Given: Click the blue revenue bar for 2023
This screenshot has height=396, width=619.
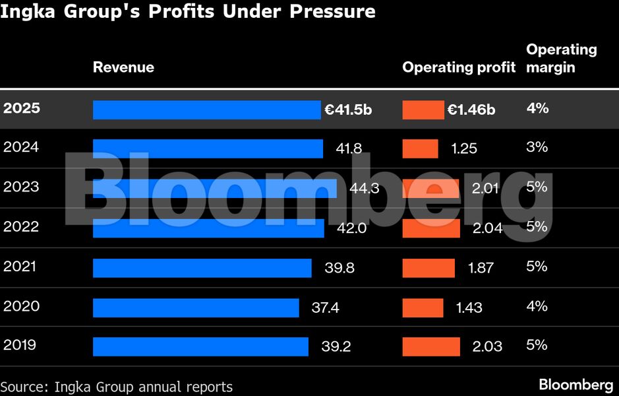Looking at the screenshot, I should tap(214, 188).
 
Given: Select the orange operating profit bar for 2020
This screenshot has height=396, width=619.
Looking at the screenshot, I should tap(423, 308).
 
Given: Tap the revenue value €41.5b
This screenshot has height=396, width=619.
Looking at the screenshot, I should tap(348, 110).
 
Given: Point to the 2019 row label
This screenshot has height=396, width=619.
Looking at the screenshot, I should tap(20, 345).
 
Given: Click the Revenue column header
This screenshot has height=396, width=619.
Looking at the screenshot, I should tap(123, 67).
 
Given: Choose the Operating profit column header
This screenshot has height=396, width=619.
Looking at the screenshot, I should tap(459, 67).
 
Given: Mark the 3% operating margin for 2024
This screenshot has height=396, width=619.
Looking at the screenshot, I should tap(537, 147).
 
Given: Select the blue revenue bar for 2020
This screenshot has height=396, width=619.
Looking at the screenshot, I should tap(196, 308).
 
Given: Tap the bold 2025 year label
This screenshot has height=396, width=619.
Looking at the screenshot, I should tap(22, 108).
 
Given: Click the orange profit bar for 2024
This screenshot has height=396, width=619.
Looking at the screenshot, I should tap(420, 148).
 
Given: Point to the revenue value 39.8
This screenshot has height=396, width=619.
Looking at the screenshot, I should tap(339, 267).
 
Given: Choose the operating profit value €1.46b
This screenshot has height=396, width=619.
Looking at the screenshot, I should tap(471, 110).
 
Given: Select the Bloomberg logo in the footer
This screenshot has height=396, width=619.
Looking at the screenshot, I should tap(575, 385).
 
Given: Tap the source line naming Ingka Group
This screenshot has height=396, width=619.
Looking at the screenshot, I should tap(117, 387).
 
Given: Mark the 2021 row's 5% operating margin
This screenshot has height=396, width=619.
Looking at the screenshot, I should tap(537, 266).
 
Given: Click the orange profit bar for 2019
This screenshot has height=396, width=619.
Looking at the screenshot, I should tap(431, 346).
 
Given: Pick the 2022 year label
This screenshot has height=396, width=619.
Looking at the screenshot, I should tap(21, 227).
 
